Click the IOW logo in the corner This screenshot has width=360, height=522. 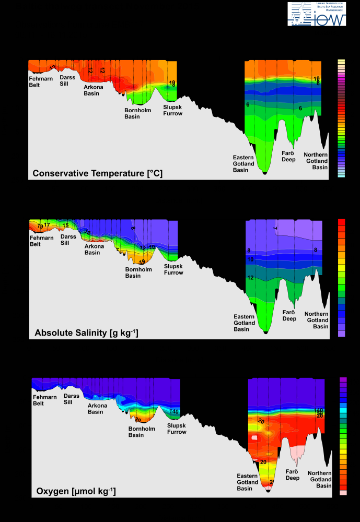click(x=317, y=14)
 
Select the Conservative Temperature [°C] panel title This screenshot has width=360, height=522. click(x=97, y=173)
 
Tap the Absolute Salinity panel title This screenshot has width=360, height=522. click(x=86, y=333)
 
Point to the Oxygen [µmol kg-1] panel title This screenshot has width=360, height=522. click(x=76, y=491)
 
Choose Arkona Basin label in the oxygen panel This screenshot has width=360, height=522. click(x=96, y=409)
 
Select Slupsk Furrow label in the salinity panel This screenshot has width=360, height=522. click(x=173, y=269)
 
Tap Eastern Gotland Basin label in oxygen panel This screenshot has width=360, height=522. click(x=247, y=482)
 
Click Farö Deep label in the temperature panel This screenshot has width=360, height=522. click(x=289, y=156)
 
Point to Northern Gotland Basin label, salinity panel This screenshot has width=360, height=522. click(x=317, y=320)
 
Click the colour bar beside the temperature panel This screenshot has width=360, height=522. click(x=341, y=118)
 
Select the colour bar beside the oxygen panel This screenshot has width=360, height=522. click(x=343, y=436)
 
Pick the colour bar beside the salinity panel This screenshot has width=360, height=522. click(x=342, y=277)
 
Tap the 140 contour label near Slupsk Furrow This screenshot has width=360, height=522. click(x=174, y=412)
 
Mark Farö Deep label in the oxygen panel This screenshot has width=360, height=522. click(x=293, y=474)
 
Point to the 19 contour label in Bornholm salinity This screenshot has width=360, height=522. click(x=142, y=262)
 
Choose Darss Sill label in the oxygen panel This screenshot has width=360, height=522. click(x=72, y=399)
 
